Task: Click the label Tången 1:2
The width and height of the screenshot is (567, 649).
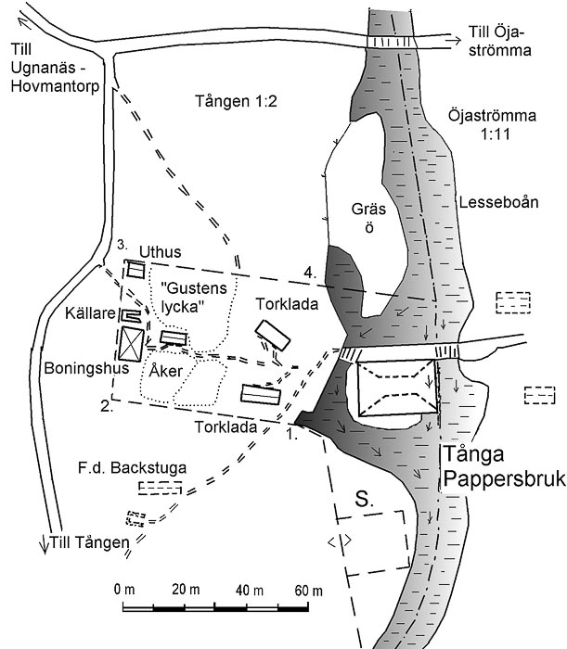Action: (236, 101)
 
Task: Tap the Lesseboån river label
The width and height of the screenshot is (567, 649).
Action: (498, 202)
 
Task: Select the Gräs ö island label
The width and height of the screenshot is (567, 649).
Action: (368, 218)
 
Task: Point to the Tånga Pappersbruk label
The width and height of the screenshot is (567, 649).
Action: (504, 466)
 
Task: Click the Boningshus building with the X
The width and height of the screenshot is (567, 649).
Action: (131, 344)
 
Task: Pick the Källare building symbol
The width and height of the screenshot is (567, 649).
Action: (131, 316)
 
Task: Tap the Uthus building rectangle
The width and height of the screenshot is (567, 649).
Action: (135, 270)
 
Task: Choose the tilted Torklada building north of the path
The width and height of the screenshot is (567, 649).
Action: (273, 336)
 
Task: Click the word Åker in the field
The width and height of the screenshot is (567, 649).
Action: (166, 371)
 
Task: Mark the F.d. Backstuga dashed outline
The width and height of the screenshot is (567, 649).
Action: (160, 488)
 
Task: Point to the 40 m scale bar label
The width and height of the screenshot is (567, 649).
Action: (250, 590)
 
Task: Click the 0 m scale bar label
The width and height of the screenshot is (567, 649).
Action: (124, 590)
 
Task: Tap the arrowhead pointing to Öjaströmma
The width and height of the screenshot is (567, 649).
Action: (456, 41)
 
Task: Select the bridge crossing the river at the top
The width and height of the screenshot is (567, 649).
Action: (390, 43)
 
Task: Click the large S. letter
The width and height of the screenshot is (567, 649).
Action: (364, 500)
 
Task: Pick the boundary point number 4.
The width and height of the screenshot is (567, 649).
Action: (310, 273)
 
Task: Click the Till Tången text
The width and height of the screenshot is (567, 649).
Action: (89, 542)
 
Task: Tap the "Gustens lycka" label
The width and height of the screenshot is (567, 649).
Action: (194, 297)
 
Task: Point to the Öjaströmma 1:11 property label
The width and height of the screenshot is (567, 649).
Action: (493, 124)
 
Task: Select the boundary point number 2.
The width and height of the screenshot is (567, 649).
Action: (107, 406)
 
